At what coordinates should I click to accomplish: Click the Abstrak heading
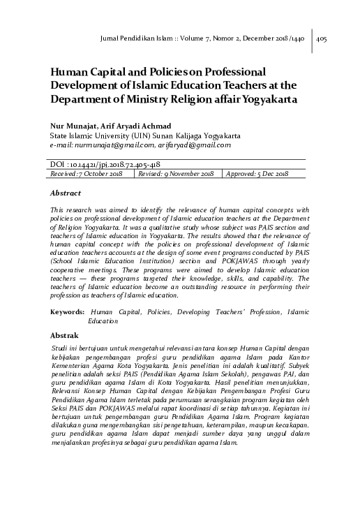click(x=65, y=336)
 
